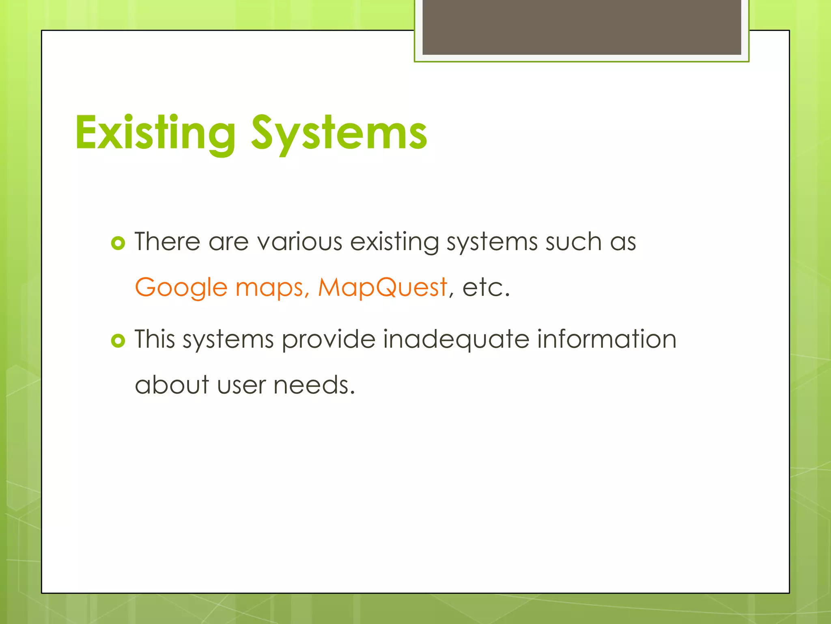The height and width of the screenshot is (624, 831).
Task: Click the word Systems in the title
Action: click(x=339, y=133)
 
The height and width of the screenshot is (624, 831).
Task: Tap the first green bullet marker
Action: click(x=118, y=243)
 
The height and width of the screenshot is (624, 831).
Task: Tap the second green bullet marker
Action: click(x=118, y=340)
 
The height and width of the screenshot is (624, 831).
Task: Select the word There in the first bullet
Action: click(x=168, y=242)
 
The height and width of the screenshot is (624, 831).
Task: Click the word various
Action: click(x=300, y=242)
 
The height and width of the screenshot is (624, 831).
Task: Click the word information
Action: click(x=607, y=339)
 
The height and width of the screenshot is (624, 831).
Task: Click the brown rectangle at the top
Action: click(x=581, y=27)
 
